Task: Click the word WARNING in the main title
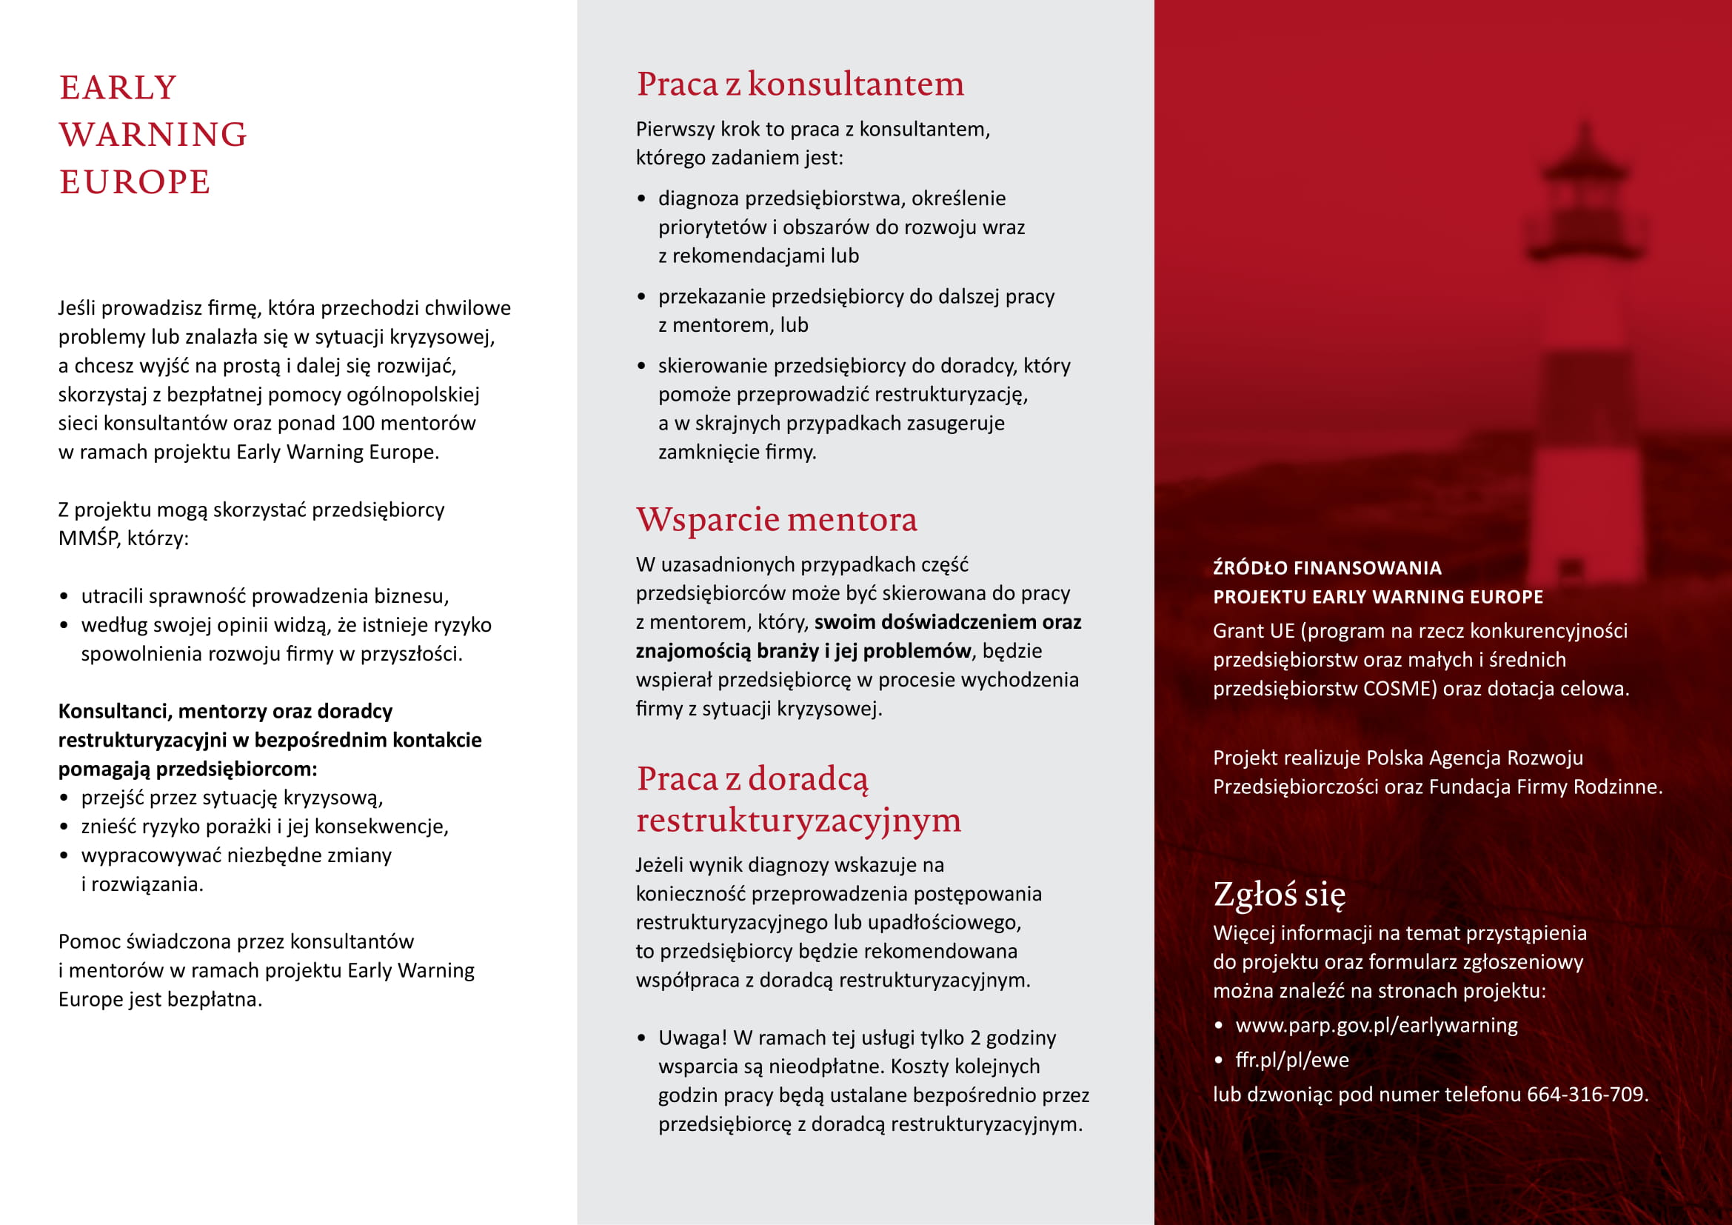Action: click(153, 135)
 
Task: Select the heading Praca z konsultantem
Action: click(800, 84)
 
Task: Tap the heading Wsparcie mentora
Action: click(776, 520)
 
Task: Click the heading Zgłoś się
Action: click(1279, 895)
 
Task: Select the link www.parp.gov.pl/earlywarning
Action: click(1376, 1026)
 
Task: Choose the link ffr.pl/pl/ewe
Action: click(1291, 1061)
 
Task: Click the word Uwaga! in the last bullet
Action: click(692, 1038)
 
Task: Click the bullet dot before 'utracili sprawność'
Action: click(64, 598)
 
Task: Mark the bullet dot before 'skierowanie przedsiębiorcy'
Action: click(641, 367)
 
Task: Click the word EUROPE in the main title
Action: click(135, 182)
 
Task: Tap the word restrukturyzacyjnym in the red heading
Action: click(798, 821)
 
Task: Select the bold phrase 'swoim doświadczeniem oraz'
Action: click(947, 622)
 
